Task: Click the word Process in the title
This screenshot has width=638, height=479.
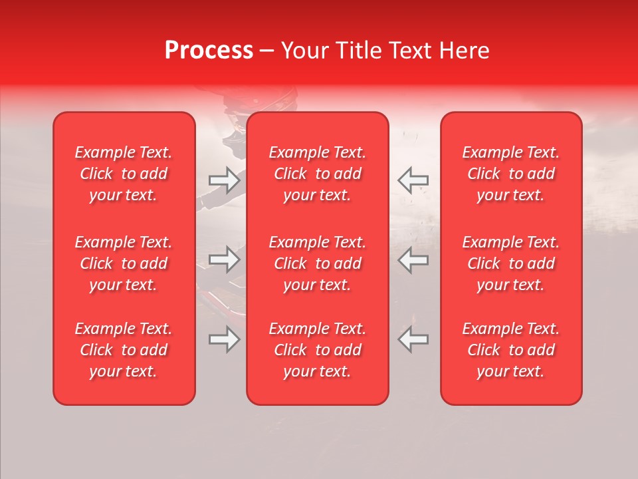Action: click(x=209, y=51)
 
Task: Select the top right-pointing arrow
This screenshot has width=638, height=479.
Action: click(x=224, y=180)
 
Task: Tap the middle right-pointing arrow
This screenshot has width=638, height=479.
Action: click(x=224, y=259)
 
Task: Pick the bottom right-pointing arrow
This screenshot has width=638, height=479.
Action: click(x=224, y=339)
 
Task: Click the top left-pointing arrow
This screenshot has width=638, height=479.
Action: click(x=413, y=180)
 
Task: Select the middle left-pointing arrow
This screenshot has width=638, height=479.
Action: click(x=413, y=259)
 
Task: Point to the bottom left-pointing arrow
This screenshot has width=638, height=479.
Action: click(x=413, y=339)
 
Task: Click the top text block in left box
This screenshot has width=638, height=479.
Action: click(x=124, y=174)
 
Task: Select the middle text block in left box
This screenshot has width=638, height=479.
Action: click(x=124, y=263)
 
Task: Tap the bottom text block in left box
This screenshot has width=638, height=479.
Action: click(x=124, y=350)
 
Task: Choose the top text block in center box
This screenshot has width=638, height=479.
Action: click(x=318, y=174)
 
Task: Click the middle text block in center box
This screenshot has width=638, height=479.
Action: click(x=318, y=263)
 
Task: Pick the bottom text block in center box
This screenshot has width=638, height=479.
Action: click(x=318, y=350)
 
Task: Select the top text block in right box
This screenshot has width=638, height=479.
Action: click(x=511, y=174)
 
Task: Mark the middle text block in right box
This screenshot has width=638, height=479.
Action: click(x=511, y=263)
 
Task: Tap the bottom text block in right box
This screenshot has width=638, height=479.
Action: click(x=511, y=350)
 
